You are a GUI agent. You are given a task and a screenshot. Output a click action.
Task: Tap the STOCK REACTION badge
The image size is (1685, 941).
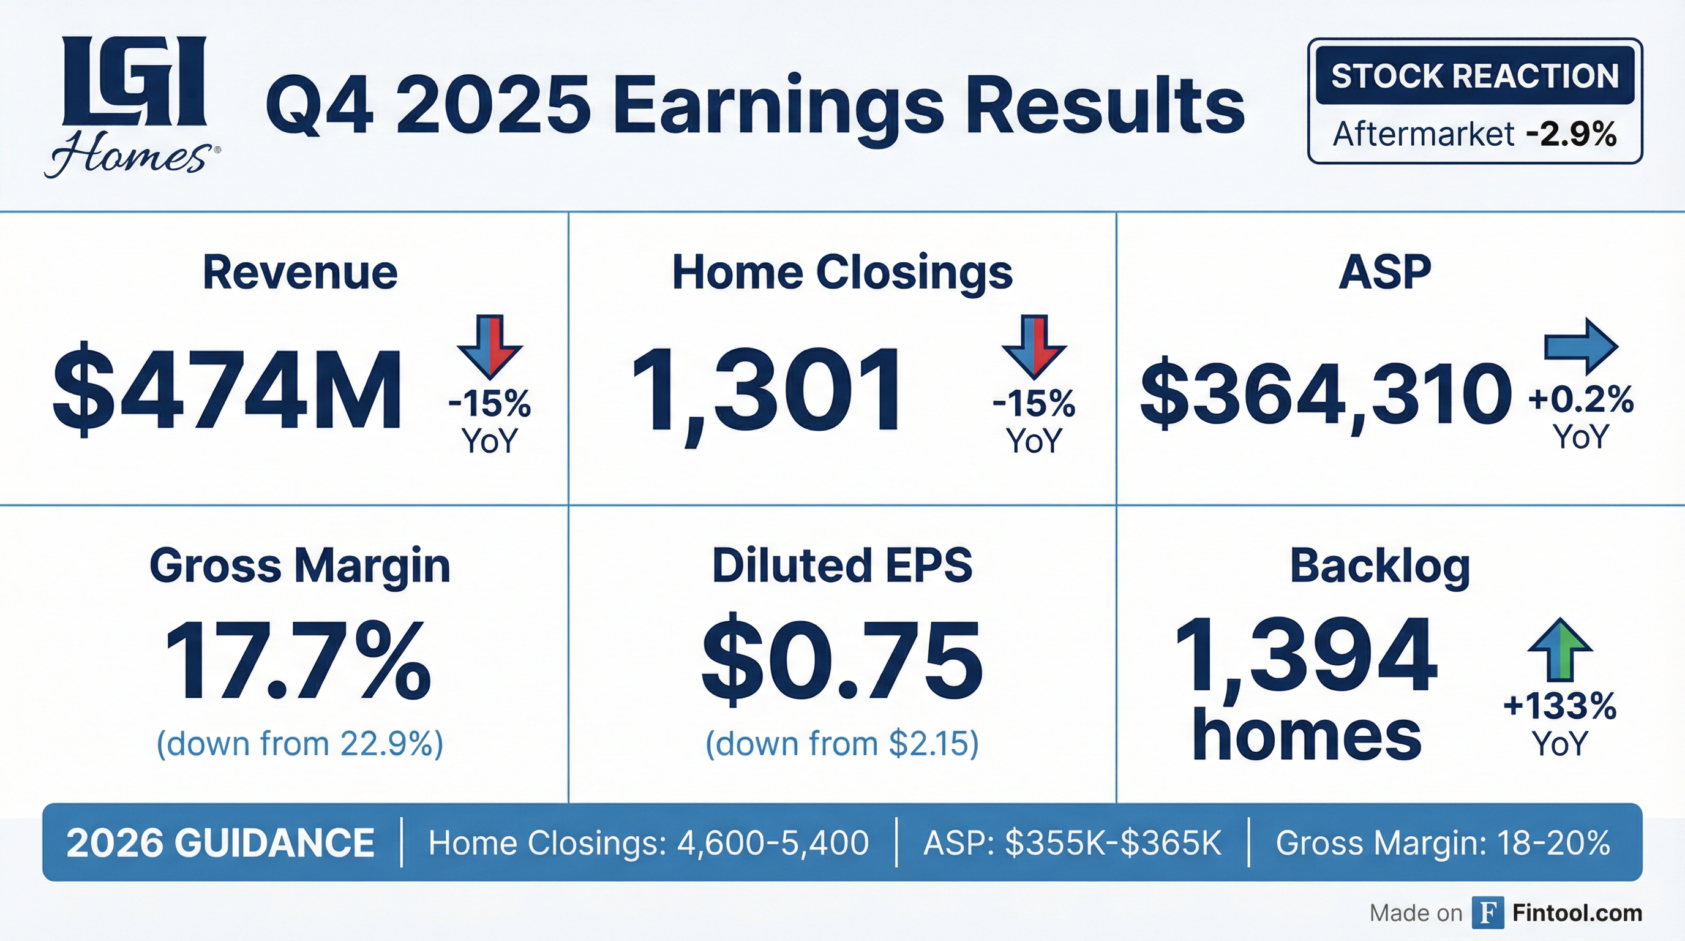click(1474, 76)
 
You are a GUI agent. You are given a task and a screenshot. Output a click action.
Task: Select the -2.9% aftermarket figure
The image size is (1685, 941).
click(1571, 134)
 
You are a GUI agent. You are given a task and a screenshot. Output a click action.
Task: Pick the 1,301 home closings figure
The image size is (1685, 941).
click(766, 391)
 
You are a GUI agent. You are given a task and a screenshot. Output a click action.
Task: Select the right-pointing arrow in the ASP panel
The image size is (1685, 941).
click(1581, 346)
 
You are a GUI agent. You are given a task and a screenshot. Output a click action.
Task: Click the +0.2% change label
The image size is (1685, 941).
click(1580, 399)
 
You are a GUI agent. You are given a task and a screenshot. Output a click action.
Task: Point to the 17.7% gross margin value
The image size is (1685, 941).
click(298, 661)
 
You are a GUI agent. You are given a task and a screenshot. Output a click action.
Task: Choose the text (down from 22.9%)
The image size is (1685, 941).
click(299, 744)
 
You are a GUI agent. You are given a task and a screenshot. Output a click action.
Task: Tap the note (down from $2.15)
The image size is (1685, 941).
click(842, 744)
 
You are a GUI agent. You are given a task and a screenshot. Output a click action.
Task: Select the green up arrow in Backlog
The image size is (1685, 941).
click(1560, 649)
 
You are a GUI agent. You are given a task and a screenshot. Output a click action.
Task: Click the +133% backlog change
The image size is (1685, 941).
click(1559, 707)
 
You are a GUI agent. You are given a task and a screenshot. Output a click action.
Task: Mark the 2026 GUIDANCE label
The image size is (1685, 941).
click(220, 843)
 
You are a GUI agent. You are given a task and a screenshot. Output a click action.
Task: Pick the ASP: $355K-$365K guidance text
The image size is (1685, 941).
click(1072, 843)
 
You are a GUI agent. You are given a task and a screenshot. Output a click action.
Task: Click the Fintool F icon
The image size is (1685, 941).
click(1487, 913)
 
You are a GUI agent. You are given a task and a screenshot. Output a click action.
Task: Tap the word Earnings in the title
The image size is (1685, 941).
click(778, 105)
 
